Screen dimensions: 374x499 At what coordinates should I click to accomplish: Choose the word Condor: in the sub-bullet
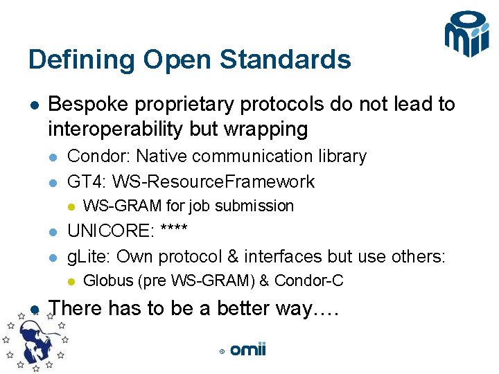(x=98, y=157)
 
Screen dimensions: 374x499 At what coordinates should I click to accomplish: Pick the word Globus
(x=107, y=281)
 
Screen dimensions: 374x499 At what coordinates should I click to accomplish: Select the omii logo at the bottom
(x=248, y=350)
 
